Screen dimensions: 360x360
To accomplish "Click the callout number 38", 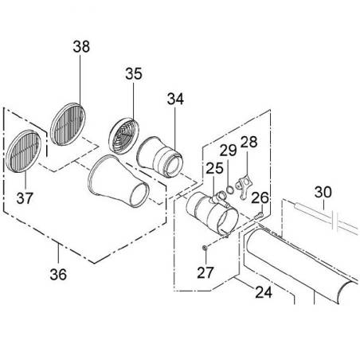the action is pos(81,46).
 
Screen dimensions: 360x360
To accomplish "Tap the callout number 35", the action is pos(134,74).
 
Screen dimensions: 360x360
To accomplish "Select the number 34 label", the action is pos(175,99).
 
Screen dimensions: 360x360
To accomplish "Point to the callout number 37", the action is pos(25,198).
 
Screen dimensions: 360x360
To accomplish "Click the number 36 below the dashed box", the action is pos(58,274).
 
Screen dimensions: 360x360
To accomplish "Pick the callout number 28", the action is pos(248,142).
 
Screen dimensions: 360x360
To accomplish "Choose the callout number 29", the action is pos(228,151).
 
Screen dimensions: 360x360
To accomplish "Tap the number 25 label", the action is pos(214,168).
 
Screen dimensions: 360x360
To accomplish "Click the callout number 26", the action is pos(260,198).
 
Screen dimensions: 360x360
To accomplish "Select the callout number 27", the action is pos(205,272).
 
